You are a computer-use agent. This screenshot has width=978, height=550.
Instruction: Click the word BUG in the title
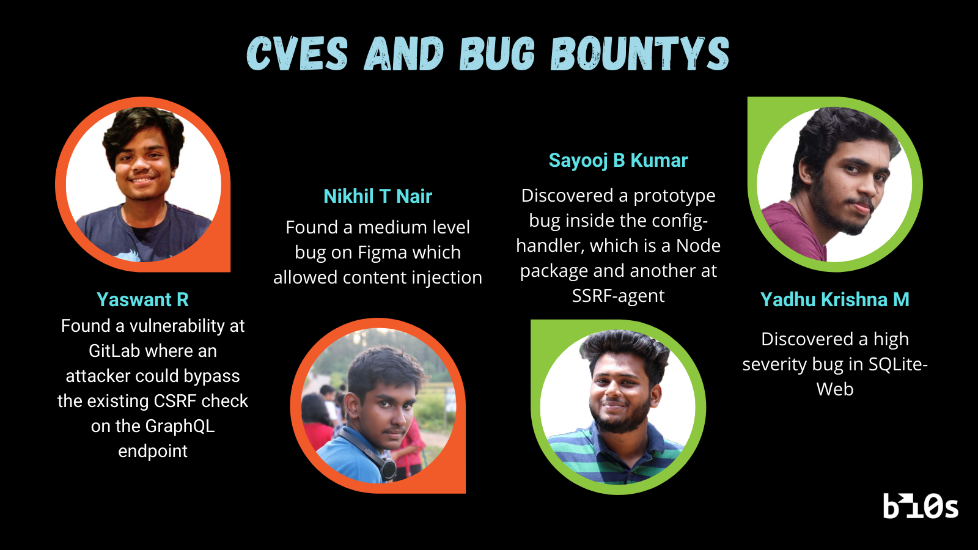pyautogui.click(x=497, y=54)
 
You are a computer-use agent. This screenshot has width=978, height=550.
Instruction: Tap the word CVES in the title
pyautogui.click(x=297, y=54)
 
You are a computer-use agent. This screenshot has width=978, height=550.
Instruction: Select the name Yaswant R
pyautogui.click(x=142, y=299)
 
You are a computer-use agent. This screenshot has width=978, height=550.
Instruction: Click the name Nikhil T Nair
pyautogui.click(x=378, y=196)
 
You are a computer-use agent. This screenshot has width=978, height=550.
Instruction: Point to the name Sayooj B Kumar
pyautogui.click(x=618, y=160)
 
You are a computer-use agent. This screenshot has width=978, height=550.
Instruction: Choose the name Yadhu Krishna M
pyautogui.click(x=834, y=299)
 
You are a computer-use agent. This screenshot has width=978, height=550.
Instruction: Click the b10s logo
pyautogui.click(x=921, y=506)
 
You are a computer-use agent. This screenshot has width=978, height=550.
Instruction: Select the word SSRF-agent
pyautogui.click(x=618, y=296)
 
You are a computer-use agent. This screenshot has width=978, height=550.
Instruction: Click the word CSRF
pyautogui.click(x=175, y=401)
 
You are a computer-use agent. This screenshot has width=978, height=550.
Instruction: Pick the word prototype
pyautogui.click(x=674, y=196)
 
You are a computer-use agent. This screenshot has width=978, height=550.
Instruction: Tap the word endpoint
pyautogui.click(x=153, y=451)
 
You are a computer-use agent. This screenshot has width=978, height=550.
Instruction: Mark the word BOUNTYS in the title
pyautogui.click(x=640, y=54)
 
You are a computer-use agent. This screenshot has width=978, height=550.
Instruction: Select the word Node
pyautogui.click(x=698, y=246)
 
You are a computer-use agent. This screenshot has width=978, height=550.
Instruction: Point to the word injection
pyautogui.click(x=446, y=278)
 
